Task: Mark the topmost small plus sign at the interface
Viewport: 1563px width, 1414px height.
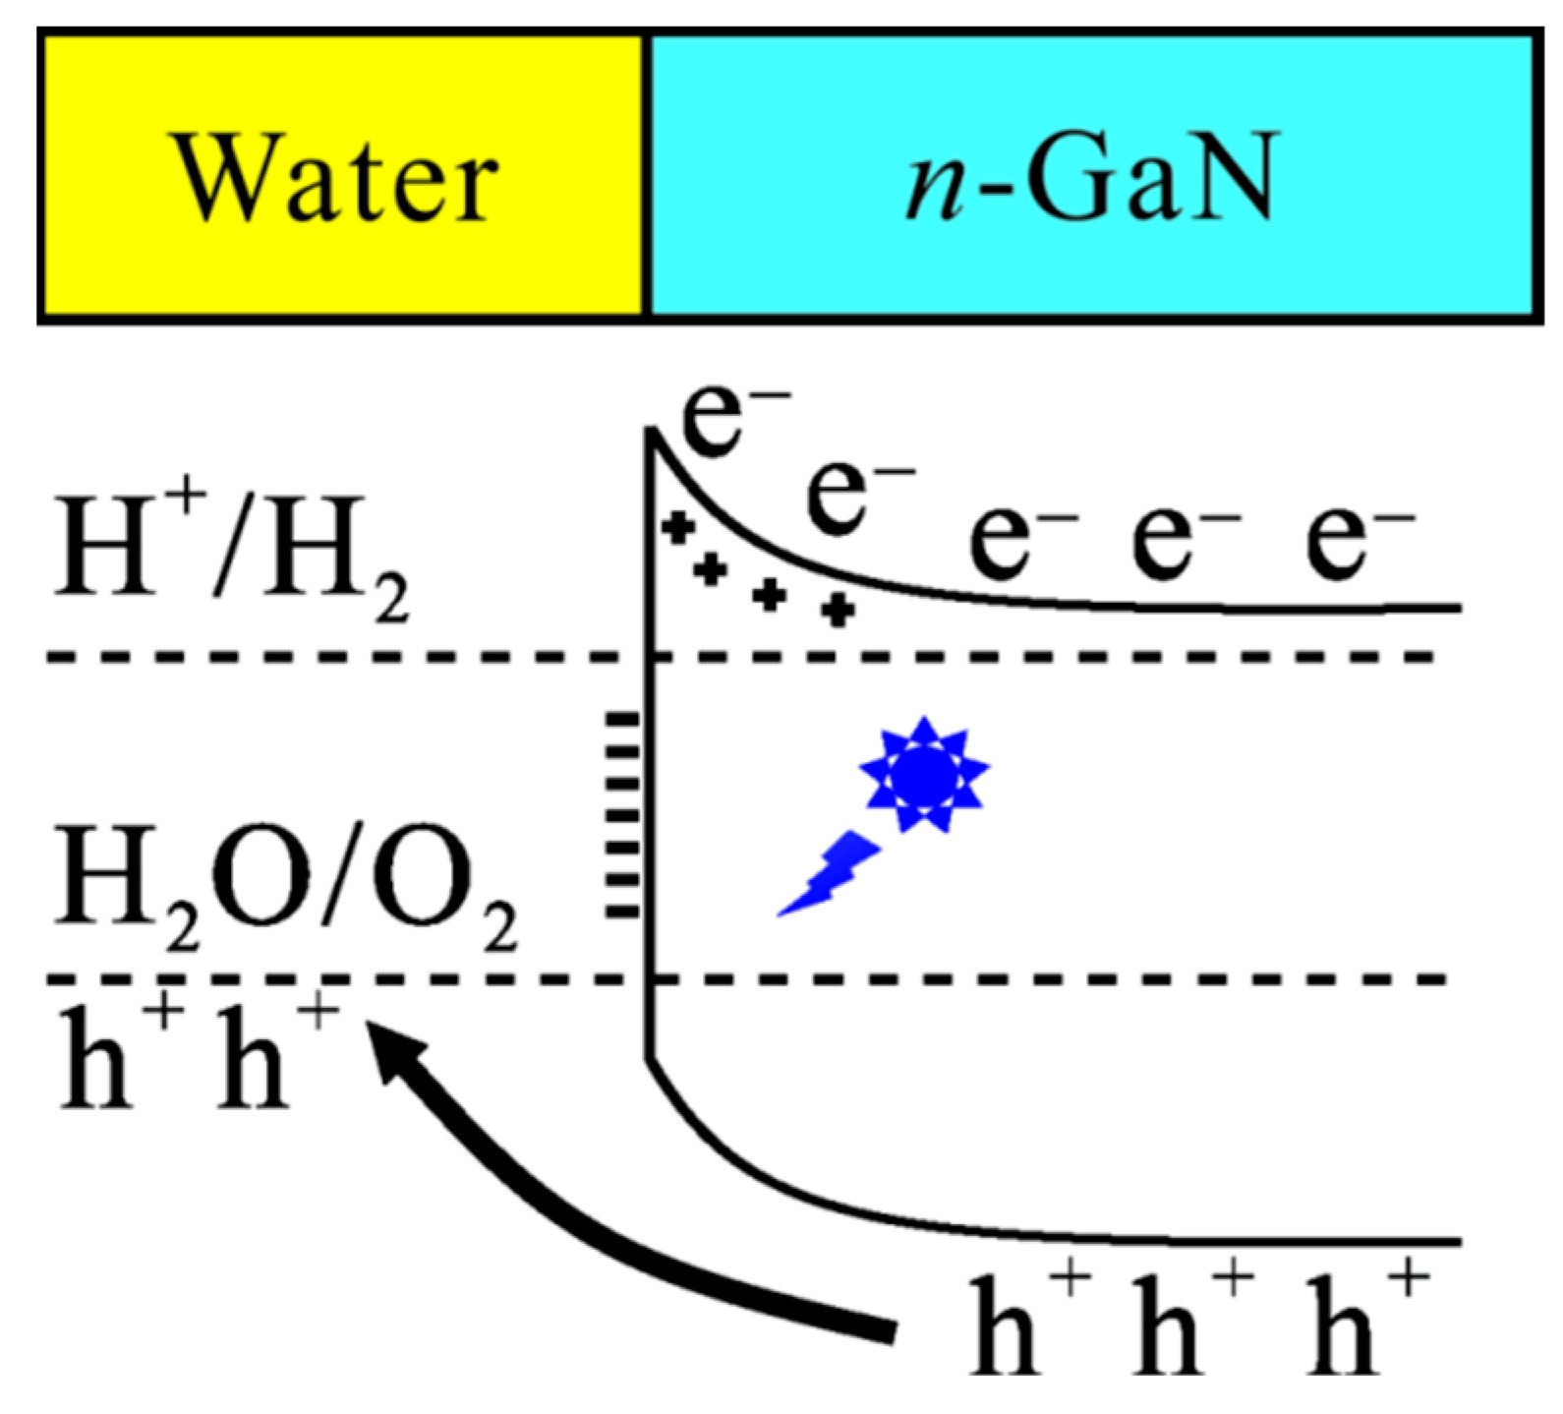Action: (x=677, y=528)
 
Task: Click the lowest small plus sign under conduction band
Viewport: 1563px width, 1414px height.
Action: (x=837, y=611)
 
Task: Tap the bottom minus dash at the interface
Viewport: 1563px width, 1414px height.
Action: (x=621, y=913)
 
